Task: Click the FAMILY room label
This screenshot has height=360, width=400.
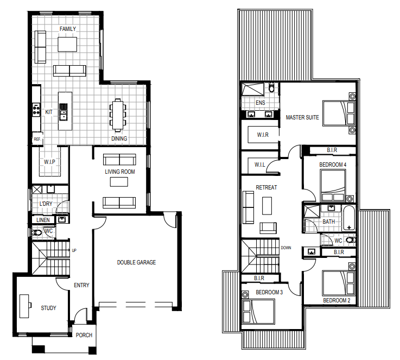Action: click(68, 29)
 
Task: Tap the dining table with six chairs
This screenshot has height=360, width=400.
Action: click(118, 115)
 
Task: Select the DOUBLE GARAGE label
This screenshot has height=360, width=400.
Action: click(136, 262)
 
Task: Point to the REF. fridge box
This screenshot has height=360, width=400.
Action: click(37, 139)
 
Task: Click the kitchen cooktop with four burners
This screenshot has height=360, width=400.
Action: click(36, 110)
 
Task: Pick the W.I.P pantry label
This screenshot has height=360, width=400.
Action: click(49, 162)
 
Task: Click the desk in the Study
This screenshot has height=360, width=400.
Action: click(25, 306)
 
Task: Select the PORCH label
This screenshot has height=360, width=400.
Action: click(84, 335)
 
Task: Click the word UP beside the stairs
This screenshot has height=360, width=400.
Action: click(74, 250)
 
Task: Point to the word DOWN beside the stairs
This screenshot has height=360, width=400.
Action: click(285, 248)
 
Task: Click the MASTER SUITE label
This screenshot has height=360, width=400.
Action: click(302, 117)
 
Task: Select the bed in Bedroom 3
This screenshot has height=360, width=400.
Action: click(258, 312)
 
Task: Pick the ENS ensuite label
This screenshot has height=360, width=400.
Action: click(260, 103)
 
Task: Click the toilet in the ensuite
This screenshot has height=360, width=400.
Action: click(272, 87)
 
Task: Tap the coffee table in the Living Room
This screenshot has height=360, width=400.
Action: click(119, 182)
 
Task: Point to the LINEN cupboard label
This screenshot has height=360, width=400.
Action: click(43, 220)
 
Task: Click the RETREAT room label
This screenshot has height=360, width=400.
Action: click(266, 187)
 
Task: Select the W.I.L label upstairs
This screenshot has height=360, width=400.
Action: click(259, 165)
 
